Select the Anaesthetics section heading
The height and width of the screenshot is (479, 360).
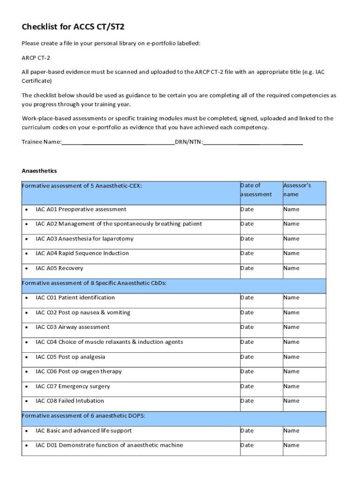(39, 171)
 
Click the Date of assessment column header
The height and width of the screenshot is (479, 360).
(256, 190)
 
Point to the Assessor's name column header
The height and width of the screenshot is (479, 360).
(297, 190)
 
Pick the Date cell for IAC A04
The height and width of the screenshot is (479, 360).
(247, 254)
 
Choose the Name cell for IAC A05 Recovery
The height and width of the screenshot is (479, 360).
(291, 269)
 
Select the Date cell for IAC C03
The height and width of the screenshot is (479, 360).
(247, 327)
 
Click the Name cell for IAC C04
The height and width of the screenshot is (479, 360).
(291, 342)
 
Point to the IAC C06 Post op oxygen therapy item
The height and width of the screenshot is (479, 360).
(79, 372)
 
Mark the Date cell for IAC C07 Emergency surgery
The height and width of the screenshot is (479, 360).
(247, 386)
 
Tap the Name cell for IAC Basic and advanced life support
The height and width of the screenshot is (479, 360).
(291, 431)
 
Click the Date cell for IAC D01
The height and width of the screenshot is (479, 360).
(247, 445)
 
